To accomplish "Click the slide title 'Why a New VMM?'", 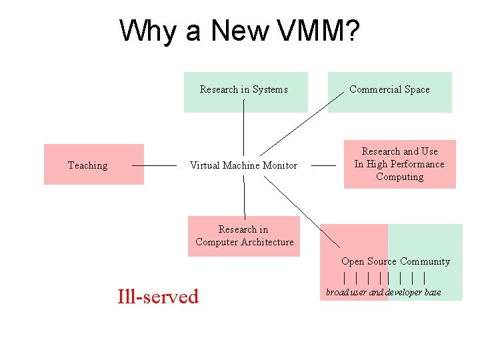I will point(240,31).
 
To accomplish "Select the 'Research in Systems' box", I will point(245,91).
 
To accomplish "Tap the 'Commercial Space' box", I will point(389,91).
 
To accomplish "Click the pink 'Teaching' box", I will point(93,164).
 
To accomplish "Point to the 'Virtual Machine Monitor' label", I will point(243,165).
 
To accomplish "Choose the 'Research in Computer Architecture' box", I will point(244,236).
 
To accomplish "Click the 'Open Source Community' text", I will point(395,261).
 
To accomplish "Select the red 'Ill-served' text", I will point(158,296).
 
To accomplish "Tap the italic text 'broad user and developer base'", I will point(383,292).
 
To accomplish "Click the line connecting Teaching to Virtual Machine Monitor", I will point(154,165).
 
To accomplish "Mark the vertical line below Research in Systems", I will point(244,130).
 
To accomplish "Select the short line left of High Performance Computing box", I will point(323,165).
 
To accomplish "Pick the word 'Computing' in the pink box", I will point(399,177).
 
